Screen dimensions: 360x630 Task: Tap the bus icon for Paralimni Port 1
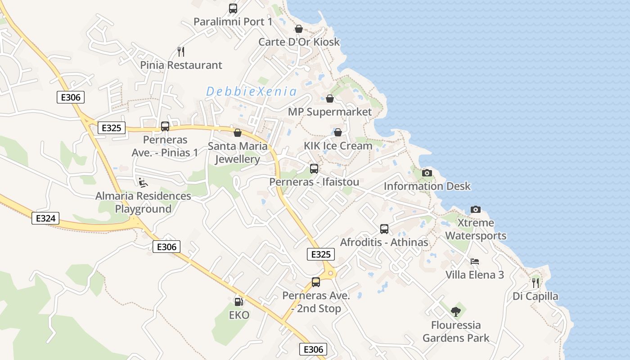tap(233, 8)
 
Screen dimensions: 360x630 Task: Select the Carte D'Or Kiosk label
tap(299, 42)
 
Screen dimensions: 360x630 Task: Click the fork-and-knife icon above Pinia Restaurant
tap(181, 51)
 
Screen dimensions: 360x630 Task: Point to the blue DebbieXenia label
tap(251, 92)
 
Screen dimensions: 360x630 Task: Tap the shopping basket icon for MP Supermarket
tap(330, 99)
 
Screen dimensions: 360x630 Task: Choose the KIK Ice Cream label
tap(338, 145)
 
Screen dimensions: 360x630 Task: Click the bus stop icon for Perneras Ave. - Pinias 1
tap(165, 126)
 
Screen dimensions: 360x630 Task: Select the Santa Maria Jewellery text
tap(237, 153)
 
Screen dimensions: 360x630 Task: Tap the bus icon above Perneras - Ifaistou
tap(314, 169)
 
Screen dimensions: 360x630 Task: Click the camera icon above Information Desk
tap(427, 173)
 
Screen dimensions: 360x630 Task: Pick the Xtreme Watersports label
tap(476, 229)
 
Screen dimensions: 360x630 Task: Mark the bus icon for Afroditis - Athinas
tap(384, 229)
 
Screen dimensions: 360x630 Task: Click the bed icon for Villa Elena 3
tap(475, 261)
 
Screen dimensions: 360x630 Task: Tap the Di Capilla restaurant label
tap(535, 296)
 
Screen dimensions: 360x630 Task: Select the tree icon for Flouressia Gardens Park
tap(456, 311)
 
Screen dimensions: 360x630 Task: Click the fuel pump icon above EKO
tap(239, 301)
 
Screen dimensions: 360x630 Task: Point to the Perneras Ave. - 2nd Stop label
tap(316, 302)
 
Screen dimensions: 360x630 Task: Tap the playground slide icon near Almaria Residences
tap(143, 183)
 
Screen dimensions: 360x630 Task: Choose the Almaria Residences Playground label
tap(143, 202)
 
